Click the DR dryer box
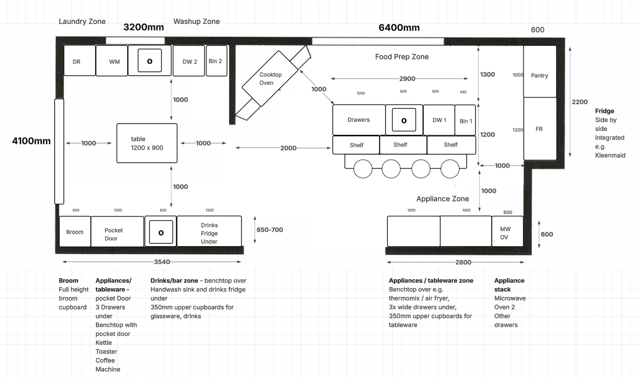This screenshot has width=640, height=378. pyautogui.click(x=79, y=60)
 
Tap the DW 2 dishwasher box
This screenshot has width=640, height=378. pyautogui.click(x=189, y=61)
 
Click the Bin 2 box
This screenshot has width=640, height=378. pyautogui.click(x=216, y=61)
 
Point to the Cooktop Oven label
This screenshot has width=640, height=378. pyautogui.click(x=270, y=79)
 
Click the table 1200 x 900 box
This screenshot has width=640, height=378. pyautogui.click(x=147, y=143)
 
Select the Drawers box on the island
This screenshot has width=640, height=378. pyautogui.click(x=359, y=120)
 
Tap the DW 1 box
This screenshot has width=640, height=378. pyautogui.click(x=439, y=120)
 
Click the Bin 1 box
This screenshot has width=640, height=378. pyautogui.click(x=465, y=120)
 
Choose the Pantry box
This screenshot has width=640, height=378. pyautogui.click(x=540, y=71)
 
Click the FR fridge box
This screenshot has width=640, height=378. pyautogui.click(x=540, y=129)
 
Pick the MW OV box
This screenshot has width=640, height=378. pyautogui.click(x=507, y=231)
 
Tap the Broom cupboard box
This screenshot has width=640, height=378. pyautogui.click(x=75, y=232)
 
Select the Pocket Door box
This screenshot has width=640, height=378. pyautogui.click(x=117, y=232)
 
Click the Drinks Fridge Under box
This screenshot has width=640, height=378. pyautogui.click(x=209, y=231)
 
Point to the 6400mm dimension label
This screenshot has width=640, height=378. pyautogui.click(x=399, y=28)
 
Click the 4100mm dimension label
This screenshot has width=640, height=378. pyautogui.click(x=31, y=141)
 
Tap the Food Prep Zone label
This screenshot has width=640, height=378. pyautogui.click(x=402, y=57)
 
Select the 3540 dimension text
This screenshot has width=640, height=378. pyautogui.click(x=162, y=262)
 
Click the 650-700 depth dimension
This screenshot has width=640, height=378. pyautogui.click(x=270, y=230)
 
